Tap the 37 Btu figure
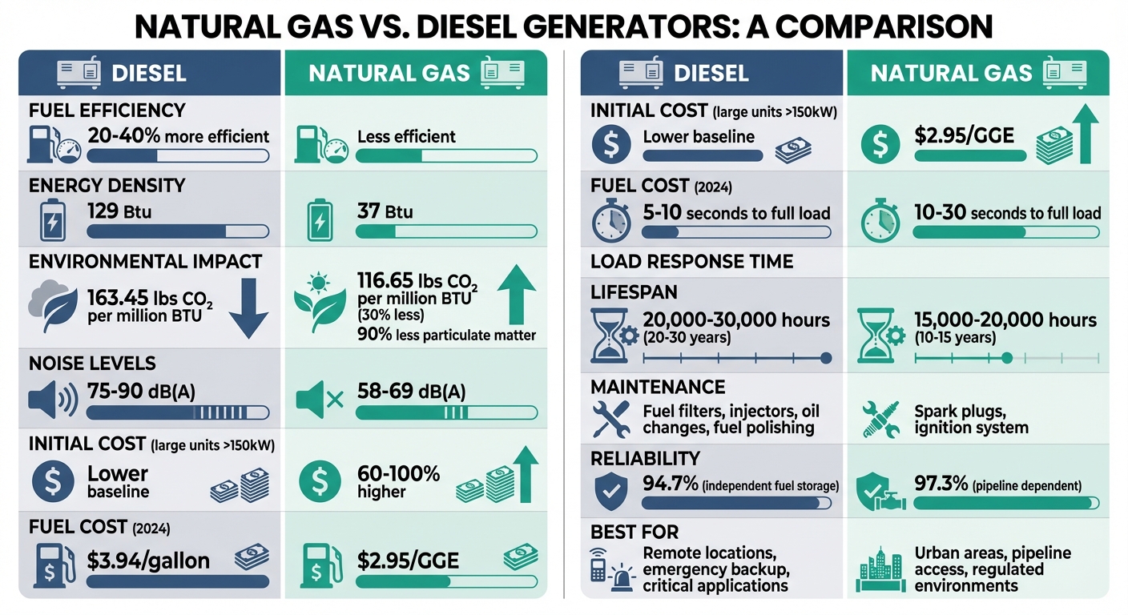(x=385, y=212)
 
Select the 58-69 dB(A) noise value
(x=411, y=392)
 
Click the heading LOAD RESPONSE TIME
(x=691, y=262)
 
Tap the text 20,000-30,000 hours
(x=736, y=320)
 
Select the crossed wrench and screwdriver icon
(x=611, y=419)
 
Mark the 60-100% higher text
(x=398, y=481)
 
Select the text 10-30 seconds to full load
(x=1007, y=213)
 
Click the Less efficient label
(x=406, y=136)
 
